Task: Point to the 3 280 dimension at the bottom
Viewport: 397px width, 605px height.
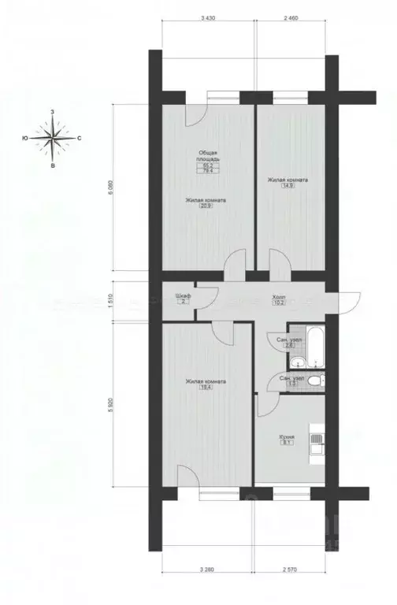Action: coord(208,588)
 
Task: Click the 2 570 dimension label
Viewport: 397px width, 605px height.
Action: coord(292,588)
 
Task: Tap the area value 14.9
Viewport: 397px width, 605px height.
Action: coord(287,186)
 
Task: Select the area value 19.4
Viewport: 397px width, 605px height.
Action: coord(206,388)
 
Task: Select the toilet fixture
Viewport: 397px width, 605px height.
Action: coord(314,381)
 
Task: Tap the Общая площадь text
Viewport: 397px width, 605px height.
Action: coord(209,155)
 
